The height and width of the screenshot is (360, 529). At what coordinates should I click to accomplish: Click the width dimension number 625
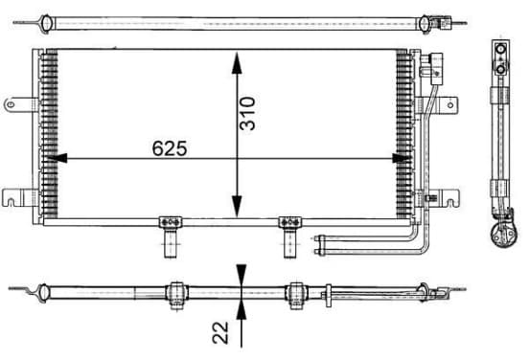[x=170, y=148]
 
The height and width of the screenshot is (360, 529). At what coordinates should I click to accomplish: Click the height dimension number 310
[x=247, y=113]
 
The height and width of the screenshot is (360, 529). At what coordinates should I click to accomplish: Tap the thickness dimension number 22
[x=220, y=332]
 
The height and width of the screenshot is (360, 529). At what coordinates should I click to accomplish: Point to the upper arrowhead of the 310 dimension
[x=237, y=62]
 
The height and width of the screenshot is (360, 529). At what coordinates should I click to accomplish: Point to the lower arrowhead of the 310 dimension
[x=237, y=206]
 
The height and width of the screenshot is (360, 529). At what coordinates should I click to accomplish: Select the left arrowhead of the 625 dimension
[x=57, y=158]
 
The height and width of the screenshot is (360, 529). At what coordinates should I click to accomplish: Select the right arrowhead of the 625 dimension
[x=402, y=158]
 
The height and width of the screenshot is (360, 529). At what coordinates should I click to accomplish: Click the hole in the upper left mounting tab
[x=11, y=104]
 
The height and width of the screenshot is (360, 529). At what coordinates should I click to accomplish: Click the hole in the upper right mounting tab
[x=450, y=105]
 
